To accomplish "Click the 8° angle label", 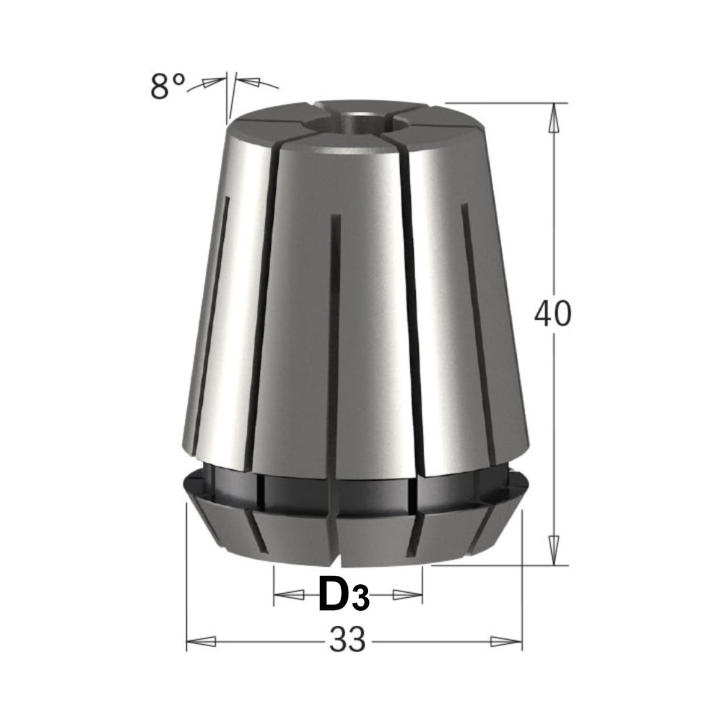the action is click(x=167, y=86).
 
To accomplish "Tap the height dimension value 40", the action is click(x=553, y=313).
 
